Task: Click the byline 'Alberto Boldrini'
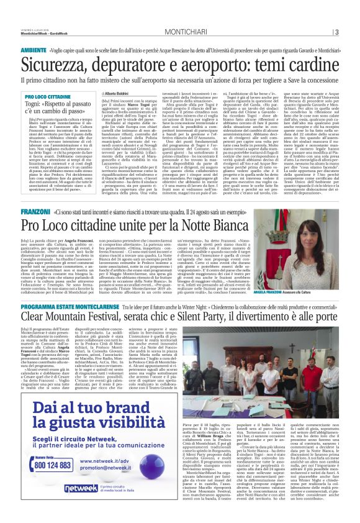coord(115,92)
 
